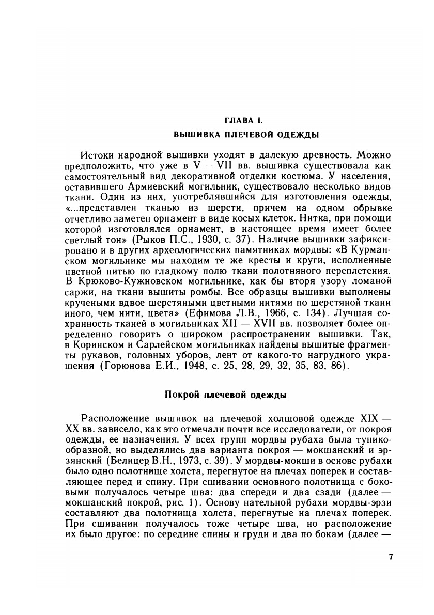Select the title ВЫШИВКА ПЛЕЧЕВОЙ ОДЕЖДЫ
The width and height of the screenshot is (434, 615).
click(x=245, y=135)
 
